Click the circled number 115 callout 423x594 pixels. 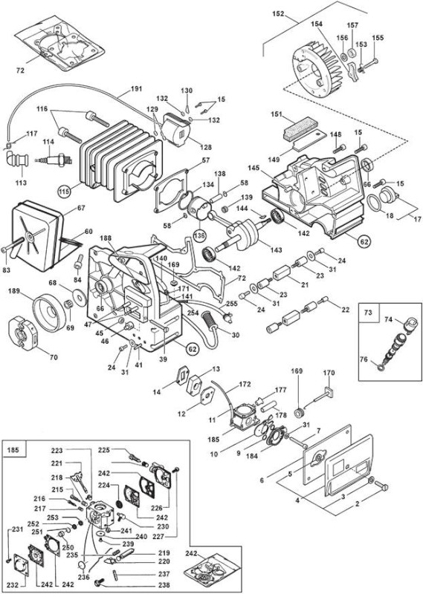[x=65, y=192]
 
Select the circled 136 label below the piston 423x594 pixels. [x=200, y=235]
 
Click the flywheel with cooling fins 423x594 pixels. [x=318, y=68]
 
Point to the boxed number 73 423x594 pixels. [x=367, y=312]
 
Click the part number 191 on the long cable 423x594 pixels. [x=136, y=89]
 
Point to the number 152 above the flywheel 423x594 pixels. [x=278, y=13]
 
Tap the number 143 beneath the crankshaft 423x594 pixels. [x=277, y=250]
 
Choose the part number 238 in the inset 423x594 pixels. [x=164, y=585]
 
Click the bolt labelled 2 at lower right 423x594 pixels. [x=381, y=486]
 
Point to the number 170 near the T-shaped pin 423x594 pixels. [x=329, y=373]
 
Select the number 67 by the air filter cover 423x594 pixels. [x=81, y=208]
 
